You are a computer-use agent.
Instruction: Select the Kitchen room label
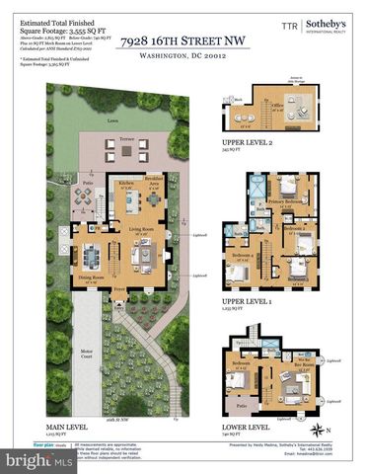click(126, 185)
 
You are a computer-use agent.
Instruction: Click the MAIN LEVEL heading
click(68, 428)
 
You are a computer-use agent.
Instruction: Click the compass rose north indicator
click(317, 429)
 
